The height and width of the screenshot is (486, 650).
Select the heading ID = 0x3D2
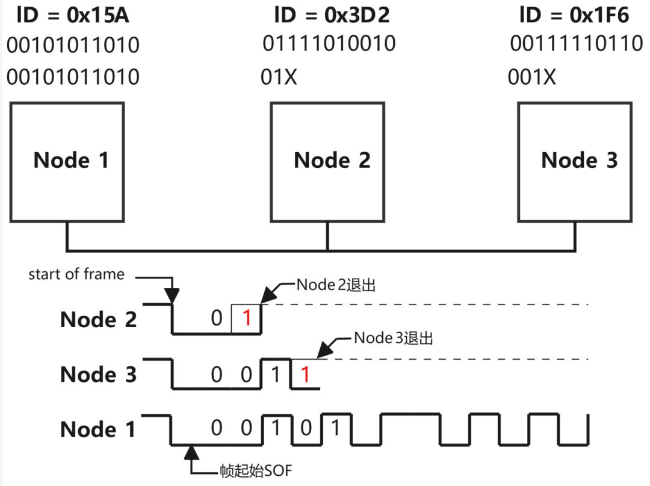coord(332,15)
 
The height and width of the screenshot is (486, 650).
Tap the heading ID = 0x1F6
coord(574,15)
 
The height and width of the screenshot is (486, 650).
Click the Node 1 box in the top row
coord(67,161)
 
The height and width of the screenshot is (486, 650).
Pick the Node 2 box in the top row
coord(327,161)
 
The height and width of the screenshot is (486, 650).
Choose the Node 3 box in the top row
coord(575,161)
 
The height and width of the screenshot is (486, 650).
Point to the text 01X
coord(279,77)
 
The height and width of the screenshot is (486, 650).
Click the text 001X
coord(532,77)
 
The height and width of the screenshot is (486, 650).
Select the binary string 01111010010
coord(329,44)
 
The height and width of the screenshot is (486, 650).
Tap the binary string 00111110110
coord(577,44)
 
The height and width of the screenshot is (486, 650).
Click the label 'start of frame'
coord(76,275)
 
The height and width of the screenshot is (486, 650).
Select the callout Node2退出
coord(336,285)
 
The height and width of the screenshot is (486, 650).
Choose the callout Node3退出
coord(394,338)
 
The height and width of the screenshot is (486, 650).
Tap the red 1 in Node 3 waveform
coord(305,375)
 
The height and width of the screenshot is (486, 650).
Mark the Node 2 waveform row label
coord(99,319)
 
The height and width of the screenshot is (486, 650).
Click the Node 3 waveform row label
coord(99,375)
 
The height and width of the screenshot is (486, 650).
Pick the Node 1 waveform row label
coord(99,429)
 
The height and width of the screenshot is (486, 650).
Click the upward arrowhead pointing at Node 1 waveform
coord(192,451)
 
